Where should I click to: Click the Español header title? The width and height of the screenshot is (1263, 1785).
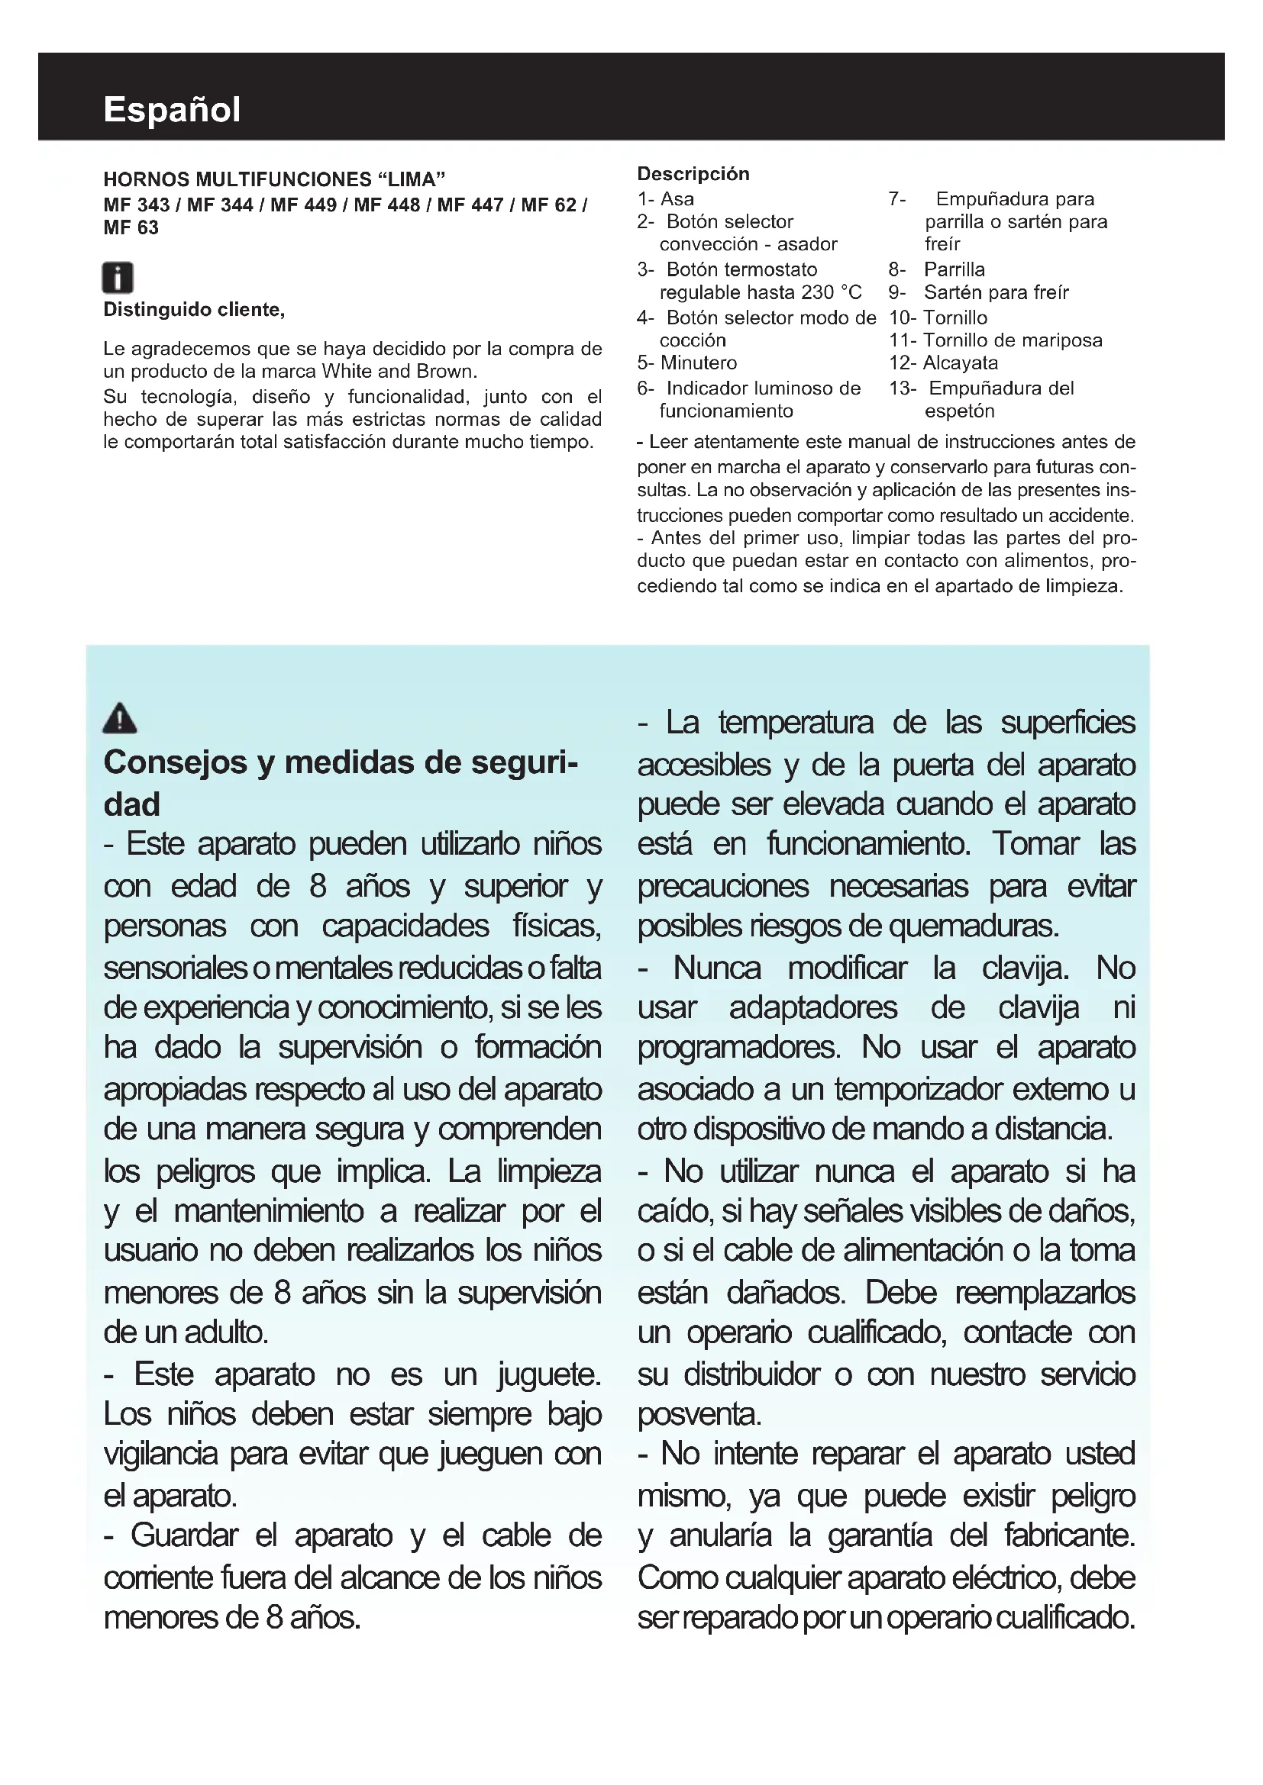coord(172,110)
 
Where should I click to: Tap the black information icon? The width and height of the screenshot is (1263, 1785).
coord(118,278)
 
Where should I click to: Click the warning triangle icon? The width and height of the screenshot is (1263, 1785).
coord(120,718)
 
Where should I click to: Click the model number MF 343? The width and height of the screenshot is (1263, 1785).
coord(136,205)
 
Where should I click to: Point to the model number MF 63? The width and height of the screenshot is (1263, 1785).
coord(131,227)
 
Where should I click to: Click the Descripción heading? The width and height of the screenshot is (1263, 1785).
coord(693,174)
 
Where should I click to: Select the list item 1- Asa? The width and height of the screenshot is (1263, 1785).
coord(666,199)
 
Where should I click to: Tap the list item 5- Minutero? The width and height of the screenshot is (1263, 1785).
coord(686,363)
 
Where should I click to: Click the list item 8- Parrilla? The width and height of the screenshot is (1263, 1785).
coord(937,269)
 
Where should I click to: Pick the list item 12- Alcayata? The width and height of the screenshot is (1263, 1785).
coord(943,363)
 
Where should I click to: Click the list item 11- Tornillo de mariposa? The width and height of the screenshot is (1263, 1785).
coord(996,340)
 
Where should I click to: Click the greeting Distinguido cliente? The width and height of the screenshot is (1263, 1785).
coord(194,310)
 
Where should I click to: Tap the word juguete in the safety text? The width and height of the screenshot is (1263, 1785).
coord(549,1374)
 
